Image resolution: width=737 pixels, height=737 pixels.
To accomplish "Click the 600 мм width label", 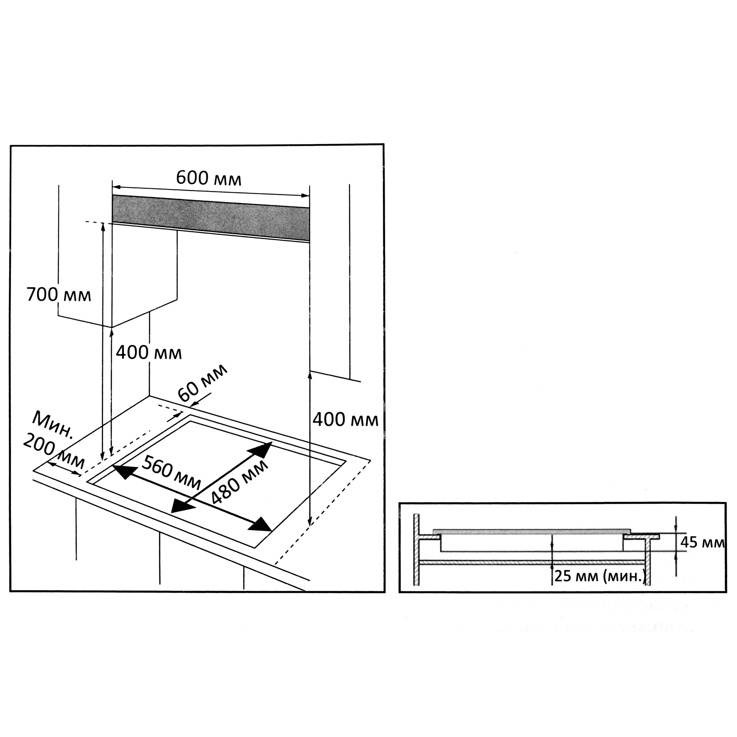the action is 209,178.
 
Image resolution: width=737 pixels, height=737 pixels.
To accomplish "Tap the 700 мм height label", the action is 59,295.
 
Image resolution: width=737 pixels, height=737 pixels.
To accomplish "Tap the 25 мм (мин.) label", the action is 600,576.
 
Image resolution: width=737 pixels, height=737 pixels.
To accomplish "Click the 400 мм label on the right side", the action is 346,420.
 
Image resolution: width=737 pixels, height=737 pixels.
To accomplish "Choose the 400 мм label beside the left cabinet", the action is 149,353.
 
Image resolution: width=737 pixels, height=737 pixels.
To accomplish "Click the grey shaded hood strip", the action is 210,219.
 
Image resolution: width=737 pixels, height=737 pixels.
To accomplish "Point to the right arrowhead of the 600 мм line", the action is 305,196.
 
